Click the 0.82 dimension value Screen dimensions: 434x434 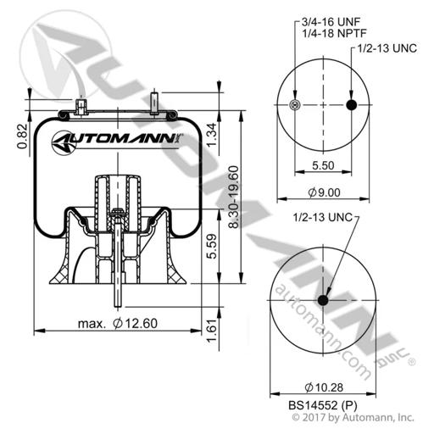click(x=23, y=136)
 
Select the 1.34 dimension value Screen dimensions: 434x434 click(x=212, y=135)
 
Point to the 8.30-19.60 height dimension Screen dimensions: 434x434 click(x=234, y=197)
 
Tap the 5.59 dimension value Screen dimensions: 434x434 click(x=212, y=246)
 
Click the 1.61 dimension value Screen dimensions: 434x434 click(x=212, y=331)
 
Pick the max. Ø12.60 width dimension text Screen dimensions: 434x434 click(x=118, y=323)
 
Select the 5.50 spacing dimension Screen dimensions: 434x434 click(x=323, y=165)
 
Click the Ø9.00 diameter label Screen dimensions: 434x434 click(x=324, y=192)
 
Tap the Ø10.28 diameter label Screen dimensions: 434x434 click(x=324, y=387)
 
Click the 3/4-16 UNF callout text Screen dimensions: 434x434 click(x=331, y=21)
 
